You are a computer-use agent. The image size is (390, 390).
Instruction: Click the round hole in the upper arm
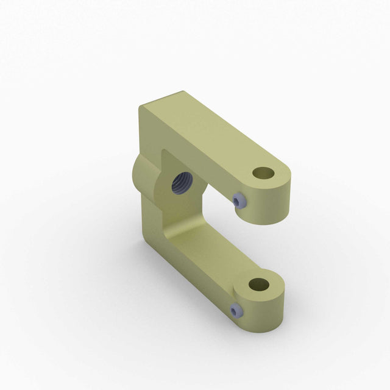click(263, 173)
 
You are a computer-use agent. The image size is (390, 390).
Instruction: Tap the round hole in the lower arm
click(259, 284)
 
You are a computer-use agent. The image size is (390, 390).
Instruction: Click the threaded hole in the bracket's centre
click(182, 182)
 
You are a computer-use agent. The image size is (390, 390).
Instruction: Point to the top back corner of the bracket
click(142, 107)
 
